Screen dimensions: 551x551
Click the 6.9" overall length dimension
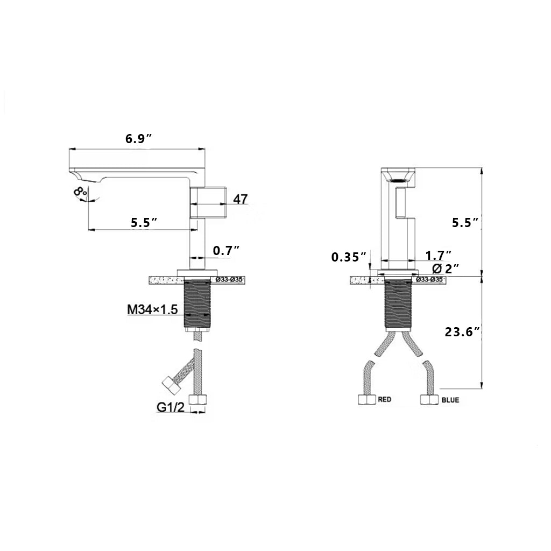coord(138,138)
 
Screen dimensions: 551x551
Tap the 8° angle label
coord(81,192)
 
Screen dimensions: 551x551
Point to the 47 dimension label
coord(241,199)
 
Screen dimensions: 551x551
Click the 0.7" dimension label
coord(226,250)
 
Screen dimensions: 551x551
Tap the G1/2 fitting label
coord(171,408)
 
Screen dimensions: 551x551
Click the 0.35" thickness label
coord(349,257)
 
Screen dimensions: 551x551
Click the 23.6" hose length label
coord(462,333)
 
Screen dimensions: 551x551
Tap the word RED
coord(384,400)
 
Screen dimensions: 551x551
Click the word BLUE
coord(450,400)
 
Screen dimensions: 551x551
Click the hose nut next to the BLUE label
coord(428,400)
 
